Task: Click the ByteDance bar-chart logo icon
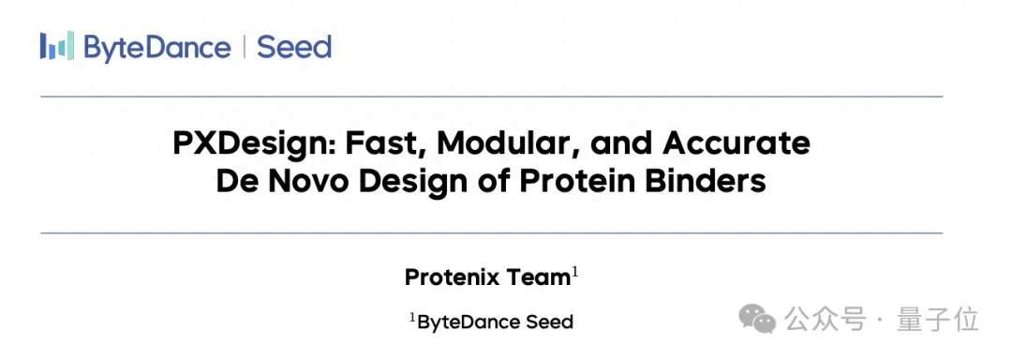(x=57, y=47)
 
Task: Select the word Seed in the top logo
(x=294, y=48)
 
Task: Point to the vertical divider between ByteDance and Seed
(x=244, y=48)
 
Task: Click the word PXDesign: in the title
(x=254, y=143)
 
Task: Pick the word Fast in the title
(x=387, y=143)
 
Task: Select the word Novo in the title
(x=304, y=182)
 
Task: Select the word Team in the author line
(x=538, y=277)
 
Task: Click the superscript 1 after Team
(x=574, y=274)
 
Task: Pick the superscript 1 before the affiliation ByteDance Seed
(x=412, y=318)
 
